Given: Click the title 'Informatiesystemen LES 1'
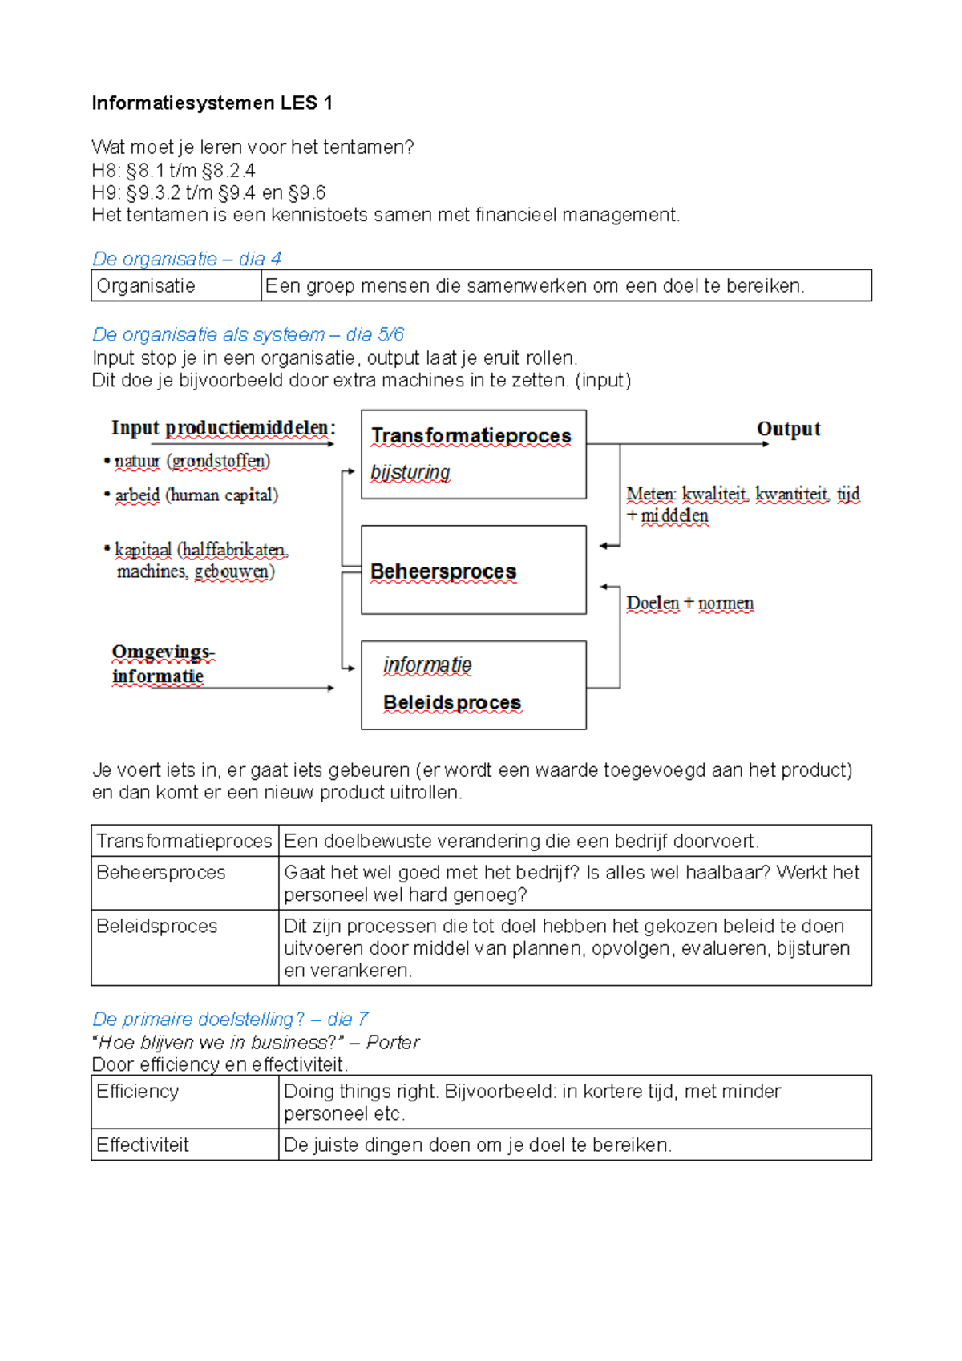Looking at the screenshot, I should pyautogui.click(x=212, y=103).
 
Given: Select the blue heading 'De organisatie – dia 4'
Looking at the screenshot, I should pyautogui.click(x=186, y=259).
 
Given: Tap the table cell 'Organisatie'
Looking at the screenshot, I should pyautogui.click(x=146, y=286).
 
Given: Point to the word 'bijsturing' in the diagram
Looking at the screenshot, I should pyautogui.click(x=410, y=472).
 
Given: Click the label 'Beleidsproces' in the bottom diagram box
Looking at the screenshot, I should pyautogui.click(x=451, y=702).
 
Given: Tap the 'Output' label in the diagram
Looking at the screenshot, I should pyautogui.click(x=788, y=429).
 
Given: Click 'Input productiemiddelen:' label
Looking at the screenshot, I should pyautogui.click(x=223, y=428).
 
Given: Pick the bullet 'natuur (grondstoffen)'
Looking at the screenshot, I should pyautogui.click(x=192, y=461).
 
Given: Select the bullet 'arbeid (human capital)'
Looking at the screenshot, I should pyautogui.click(x=196, y=495).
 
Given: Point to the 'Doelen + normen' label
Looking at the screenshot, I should pyautogui.click(x=689, y=603).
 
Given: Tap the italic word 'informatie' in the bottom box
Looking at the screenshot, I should pyautogui.click(x=426, y=665).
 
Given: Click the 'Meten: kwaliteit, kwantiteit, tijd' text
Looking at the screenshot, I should pyautogui.click(x=742, y=495).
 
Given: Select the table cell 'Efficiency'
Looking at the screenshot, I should pyautogui.click(x=137, y=1092).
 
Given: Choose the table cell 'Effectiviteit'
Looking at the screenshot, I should pyautogui.click(x=142, y=1145).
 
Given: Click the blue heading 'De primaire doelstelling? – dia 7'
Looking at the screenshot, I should pyautogui.click(x=230, y=1019).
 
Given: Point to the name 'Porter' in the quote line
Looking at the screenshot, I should pyautogui.click(x=393, y=1042).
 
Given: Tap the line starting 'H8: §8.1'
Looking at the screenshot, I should pyautogui.click(x=173, y=171).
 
